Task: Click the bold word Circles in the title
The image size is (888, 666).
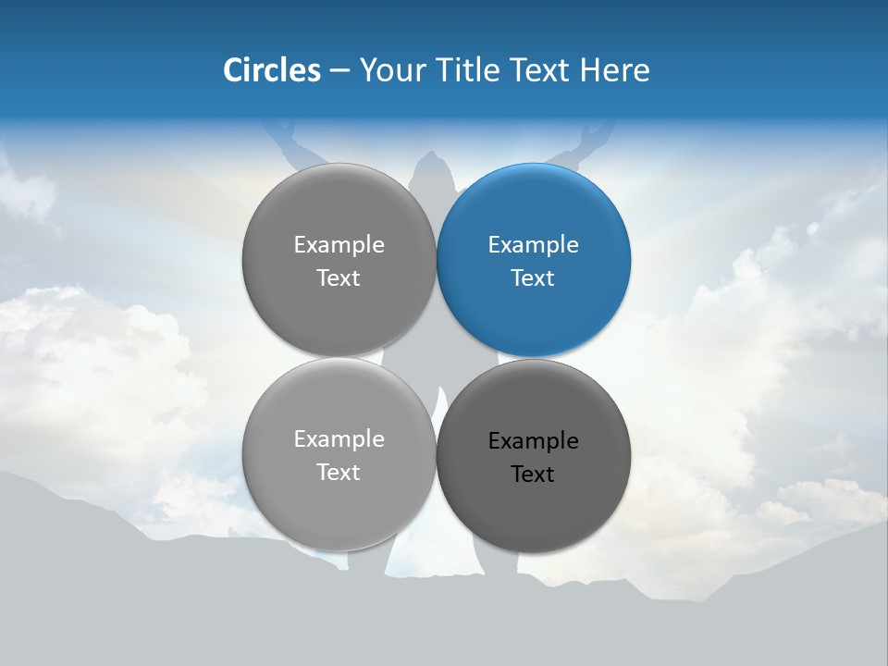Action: pos(272,70)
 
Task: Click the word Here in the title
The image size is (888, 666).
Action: pos(615,70)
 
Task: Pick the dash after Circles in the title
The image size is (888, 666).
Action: pos(339,71)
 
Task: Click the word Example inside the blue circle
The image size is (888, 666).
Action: pos(533,245)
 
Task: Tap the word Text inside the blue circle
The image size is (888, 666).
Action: pos(533,278)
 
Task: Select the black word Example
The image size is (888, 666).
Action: pos(533,441)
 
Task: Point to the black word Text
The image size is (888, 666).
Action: pos(533,475)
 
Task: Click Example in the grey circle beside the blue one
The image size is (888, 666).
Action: pos(339,245)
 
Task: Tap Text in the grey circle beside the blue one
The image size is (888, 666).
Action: pos(339,278)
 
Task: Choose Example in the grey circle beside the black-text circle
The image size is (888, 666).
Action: pos(339,439)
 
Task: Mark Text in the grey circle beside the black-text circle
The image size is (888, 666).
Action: pos(339,473)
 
